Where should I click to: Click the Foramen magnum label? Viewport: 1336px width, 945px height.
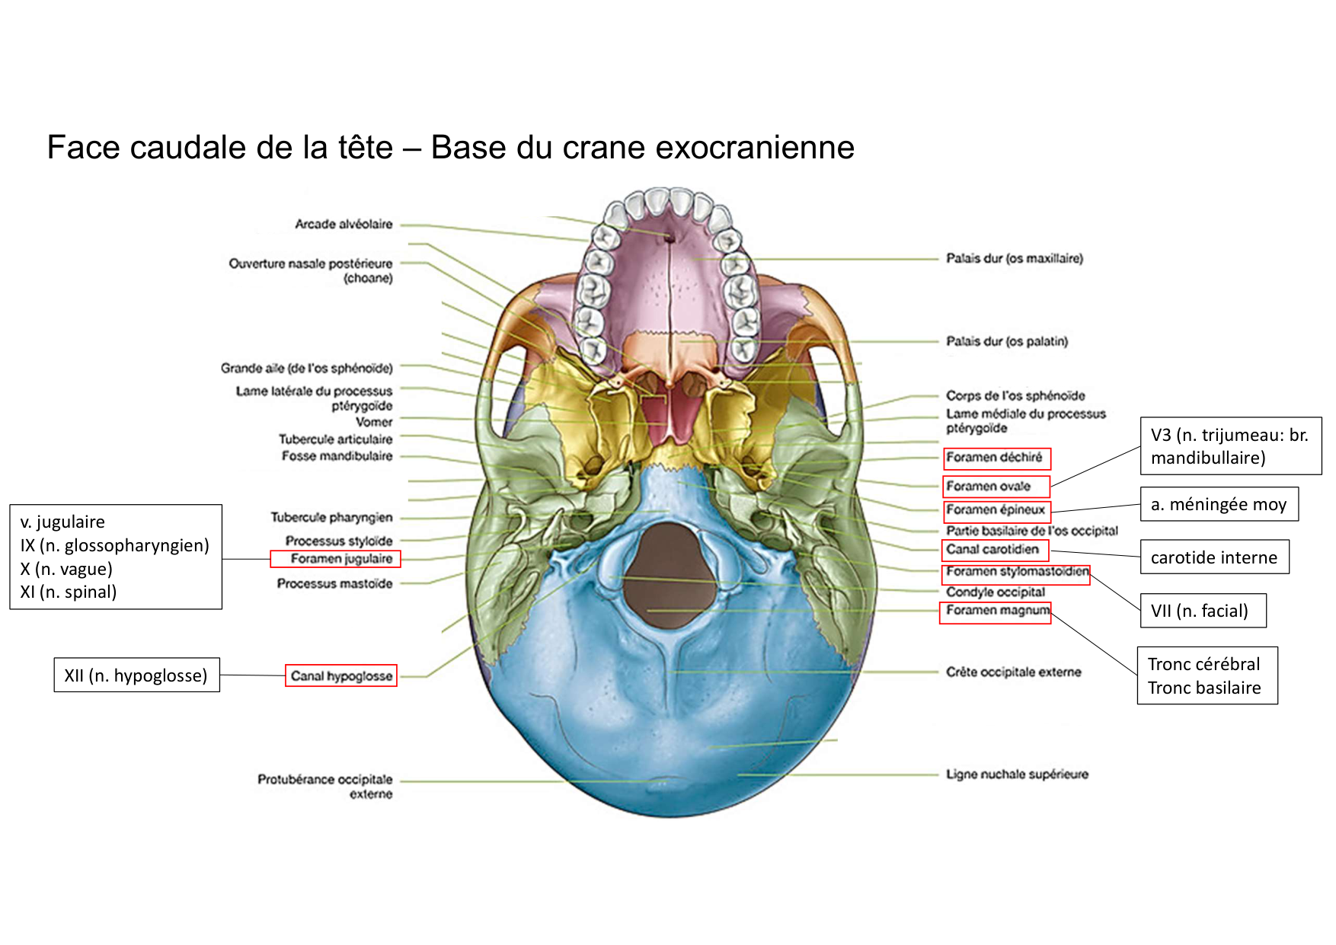(x=996, y=611)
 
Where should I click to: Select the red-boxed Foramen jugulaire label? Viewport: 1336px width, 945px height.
(x=336, y=559)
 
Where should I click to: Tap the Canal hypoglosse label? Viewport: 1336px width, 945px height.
(x=341, y=675)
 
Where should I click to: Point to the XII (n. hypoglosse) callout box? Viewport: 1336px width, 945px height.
(x=136, y=675)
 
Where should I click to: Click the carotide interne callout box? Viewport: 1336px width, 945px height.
(x=1213, y=557)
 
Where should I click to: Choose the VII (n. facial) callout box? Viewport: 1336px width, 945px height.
(x=1202, y=611)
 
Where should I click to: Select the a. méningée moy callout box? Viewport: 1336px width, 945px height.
(x=1218, y=504)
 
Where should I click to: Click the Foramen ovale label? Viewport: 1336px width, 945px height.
(x=995, y=487)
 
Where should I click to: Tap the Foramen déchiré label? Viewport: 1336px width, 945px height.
(x=996, y=458)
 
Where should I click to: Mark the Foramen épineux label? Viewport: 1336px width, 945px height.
(x=996, y=510)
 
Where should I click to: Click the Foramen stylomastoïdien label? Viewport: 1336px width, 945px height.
(x=1016, y=572)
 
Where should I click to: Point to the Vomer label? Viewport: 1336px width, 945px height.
(x=374, y=422)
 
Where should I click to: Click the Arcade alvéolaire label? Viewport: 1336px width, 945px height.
(x=344, y=225)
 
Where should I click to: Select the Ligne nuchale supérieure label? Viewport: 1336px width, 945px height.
(x=1017, y=774)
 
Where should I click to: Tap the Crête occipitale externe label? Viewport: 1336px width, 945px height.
(x=1013, y=672)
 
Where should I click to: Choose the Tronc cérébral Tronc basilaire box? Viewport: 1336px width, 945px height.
(x=1207, y=675)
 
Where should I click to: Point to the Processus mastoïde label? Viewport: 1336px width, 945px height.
(x=334, y=584)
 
